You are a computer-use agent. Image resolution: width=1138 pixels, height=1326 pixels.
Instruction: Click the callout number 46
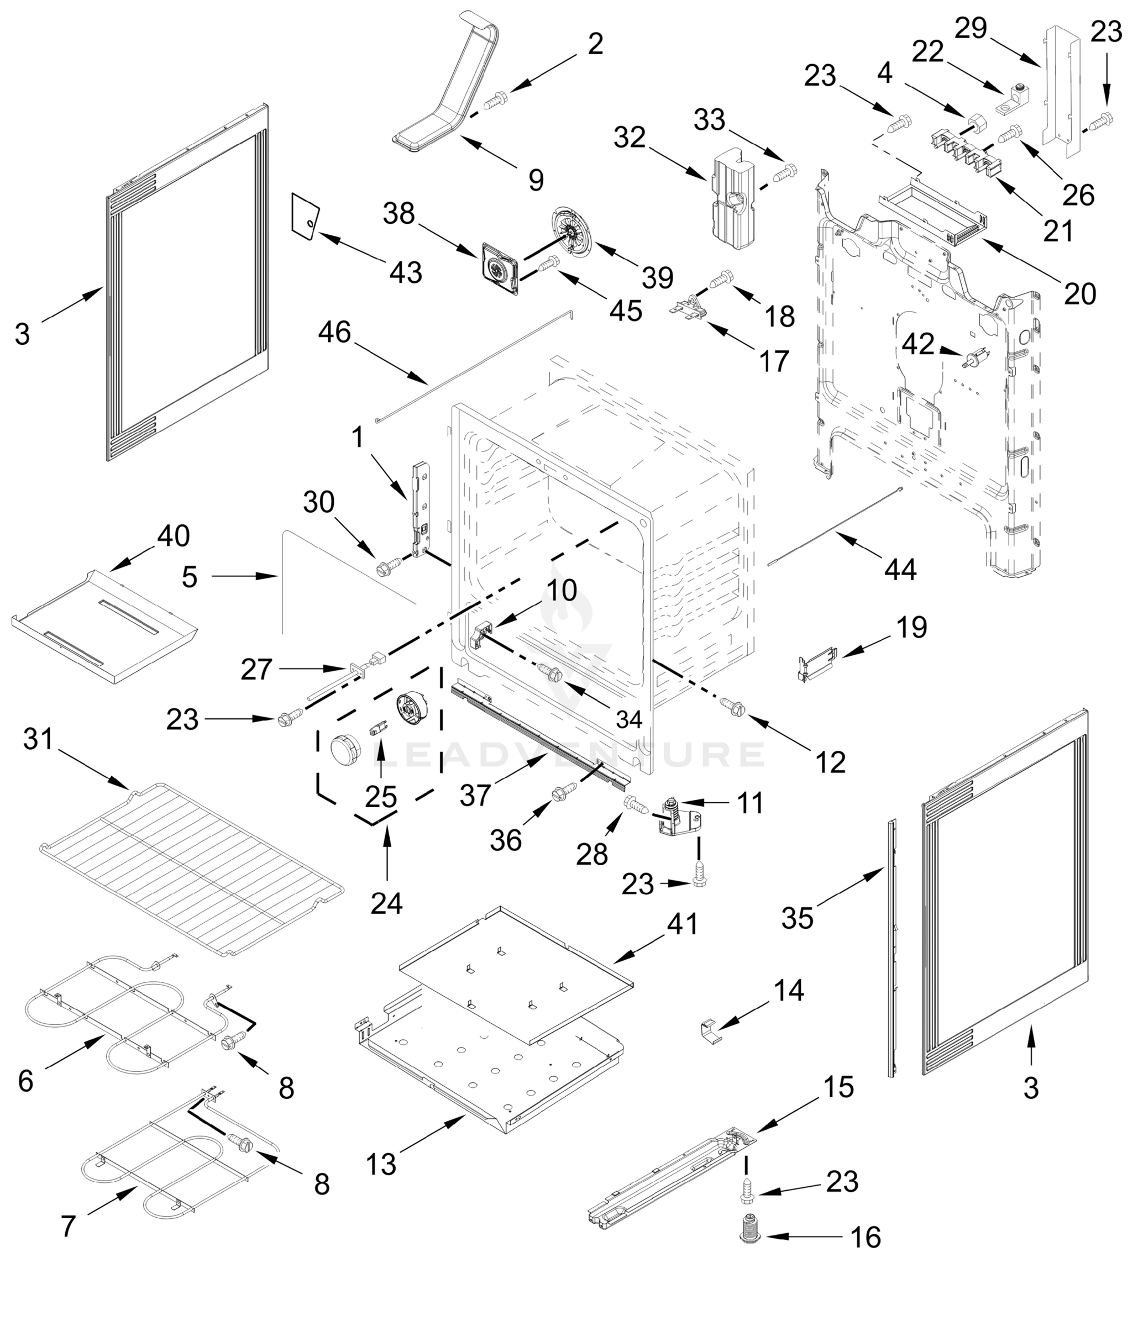[335, 333]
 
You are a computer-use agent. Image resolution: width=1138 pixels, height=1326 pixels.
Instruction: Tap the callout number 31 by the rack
[38, 739]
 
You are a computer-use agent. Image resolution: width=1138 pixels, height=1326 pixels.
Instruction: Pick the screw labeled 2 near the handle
[495, 101]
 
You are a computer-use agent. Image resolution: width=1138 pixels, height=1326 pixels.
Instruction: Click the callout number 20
[1080, 294]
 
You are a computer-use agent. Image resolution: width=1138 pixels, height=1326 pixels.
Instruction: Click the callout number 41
[682, 923]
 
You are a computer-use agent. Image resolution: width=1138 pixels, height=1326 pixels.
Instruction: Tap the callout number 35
[797, 918]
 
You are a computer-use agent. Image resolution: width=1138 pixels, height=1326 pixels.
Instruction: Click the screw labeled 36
[564, 792]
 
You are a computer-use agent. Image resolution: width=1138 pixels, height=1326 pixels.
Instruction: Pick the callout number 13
[381, 1164]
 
